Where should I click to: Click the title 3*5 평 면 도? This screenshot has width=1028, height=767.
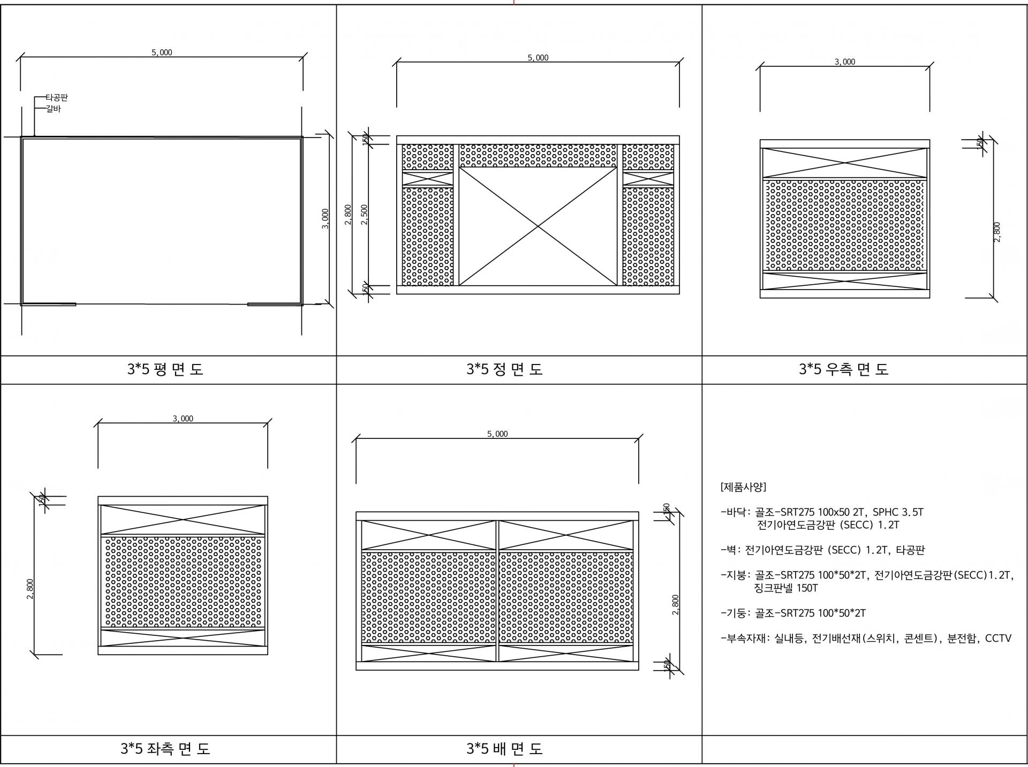(x=165, y=369)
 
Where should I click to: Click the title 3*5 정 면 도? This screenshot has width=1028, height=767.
(x=504, y=369)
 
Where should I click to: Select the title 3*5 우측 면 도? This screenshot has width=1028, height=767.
(x=843, y=369)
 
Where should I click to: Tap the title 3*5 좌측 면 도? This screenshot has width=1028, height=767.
(x=165, y=748)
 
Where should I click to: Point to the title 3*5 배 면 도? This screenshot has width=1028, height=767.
(x=504, y=748)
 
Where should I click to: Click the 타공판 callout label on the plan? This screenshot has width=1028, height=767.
(x=56, y=98)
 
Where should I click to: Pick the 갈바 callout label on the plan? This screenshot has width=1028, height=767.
(x=53, y=109)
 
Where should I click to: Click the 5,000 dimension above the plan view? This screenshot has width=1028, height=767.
(x=162, y=52)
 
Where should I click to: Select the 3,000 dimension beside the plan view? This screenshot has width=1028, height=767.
(x=325, y=219)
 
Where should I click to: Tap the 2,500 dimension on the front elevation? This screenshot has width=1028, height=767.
(x=365, y=214)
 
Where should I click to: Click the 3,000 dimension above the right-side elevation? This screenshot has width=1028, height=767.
(x=845, y=62)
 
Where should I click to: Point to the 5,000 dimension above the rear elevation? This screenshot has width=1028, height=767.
(x=497, y=434)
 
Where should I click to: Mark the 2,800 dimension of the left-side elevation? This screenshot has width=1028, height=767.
(x=30, y=589)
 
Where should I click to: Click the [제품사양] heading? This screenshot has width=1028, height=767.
(x=744, y=487)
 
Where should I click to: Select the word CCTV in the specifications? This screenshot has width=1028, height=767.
(x=998, y=639)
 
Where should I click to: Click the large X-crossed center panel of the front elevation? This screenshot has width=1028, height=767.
(x=538, y=226)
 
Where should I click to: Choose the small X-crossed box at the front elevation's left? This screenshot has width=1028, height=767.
(x=428, y=178)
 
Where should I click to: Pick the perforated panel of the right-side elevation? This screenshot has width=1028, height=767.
(x=845, y=225)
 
